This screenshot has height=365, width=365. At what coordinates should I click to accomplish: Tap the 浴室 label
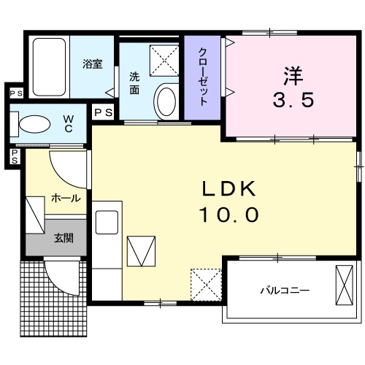coord(92,64)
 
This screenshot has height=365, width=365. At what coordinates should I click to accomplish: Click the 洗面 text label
coord(135,82)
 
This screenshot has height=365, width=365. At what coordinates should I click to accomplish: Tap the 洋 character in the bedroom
coord(293,74)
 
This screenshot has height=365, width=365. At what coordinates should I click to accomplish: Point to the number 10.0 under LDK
coord(228,215)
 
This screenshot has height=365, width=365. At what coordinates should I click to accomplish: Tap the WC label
coord(68,122)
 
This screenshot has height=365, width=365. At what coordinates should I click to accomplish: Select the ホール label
coord(66,198)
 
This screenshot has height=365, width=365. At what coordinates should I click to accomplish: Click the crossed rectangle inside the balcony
coord(344,287)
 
